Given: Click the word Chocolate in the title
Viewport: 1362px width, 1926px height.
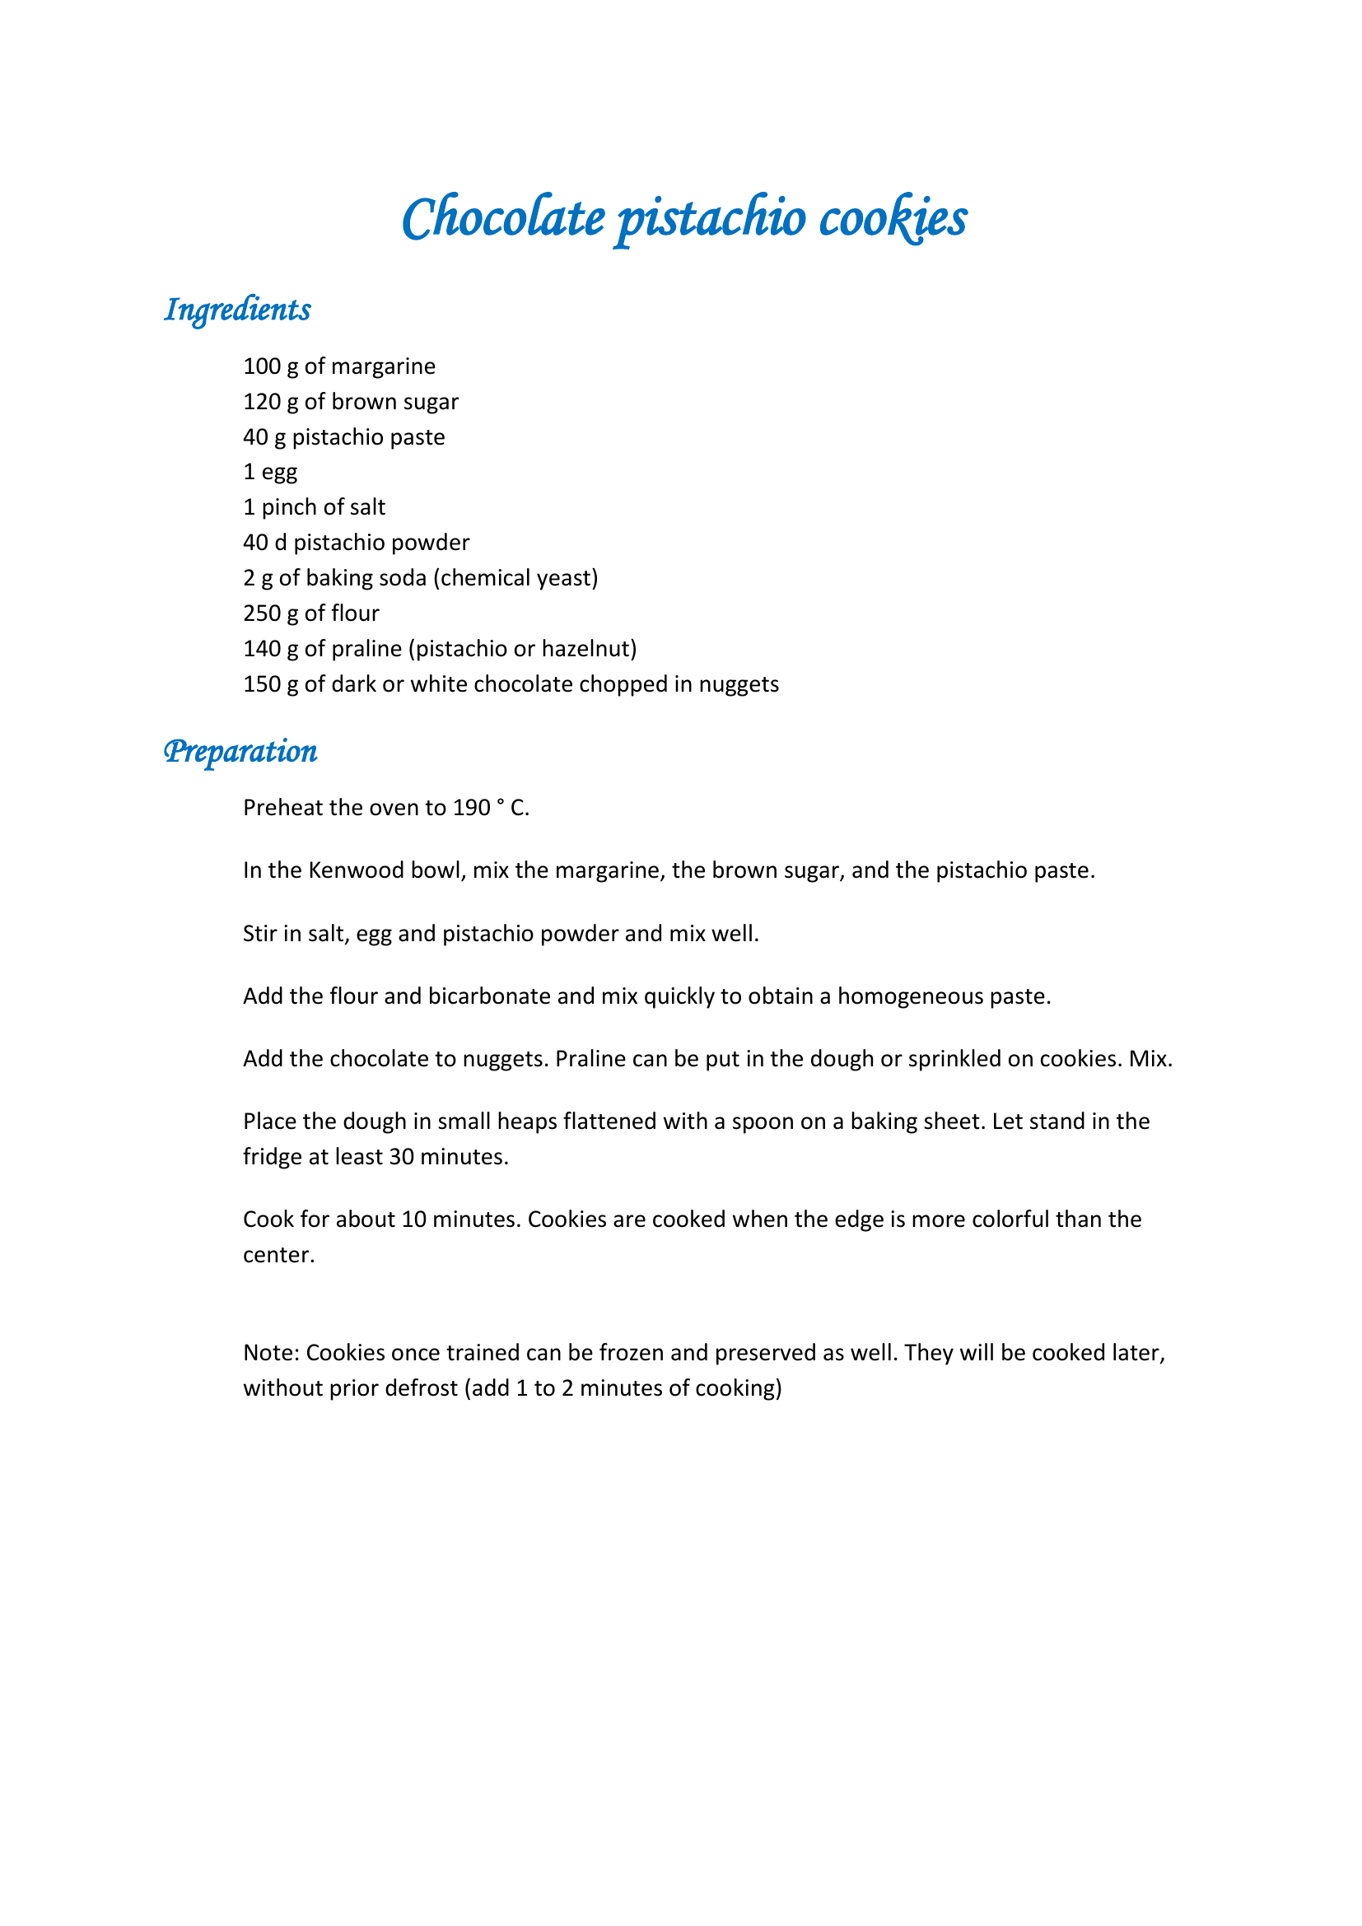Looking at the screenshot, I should tap(503, 217).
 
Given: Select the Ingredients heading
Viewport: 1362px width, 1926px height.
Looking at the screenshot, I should tap(237, 310).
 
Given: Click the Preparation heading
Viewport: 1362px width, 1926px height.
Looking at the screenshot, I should tap(240, 751).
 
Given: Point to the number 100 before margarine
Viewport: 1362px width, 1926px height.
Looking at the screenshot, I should tap(262, 366).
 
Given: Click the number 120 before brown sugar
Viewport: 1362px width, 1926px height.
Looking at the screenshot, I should tap(262, 402).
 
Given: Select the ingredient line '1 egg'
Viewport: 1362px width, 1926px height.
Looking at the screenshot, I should tap(270, 473).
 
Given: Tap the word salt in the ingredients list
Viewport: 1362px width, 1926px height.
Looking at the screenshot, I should tap(368, 507).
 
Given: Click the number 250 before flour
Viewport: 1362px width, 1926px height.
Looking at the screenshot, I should tap(262, 613).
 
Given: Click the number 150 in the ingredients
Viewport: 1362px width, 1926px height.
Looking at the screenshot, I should tap(262, 684).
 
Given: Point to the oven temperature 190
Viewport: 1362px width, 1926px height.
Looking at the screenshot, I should tap(471, 808).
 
